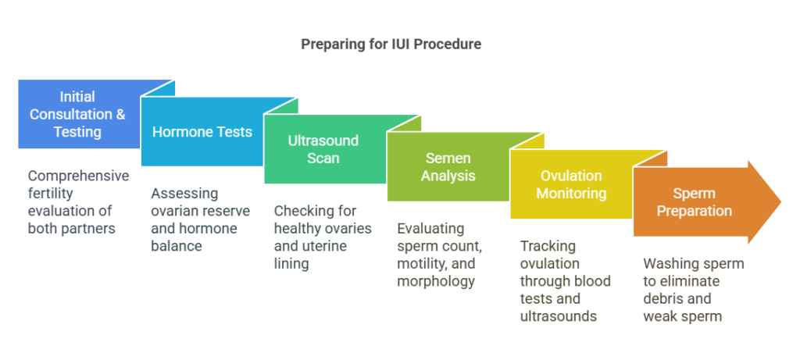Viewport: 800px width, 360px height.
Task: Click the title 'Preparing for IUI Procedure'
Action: click(x=391, y=45)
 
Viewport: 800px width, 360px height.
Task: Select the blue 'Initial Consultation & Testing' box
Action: click(x=77, y=114)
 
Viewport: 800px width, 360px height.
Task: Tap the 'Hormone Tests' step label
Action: click(x=202, y=132)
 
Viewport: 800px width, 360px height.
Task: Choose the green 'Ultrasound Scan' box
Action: click(x=323, y=149)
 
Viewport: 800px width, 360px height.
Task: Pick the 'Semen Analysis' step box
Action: click(x=448, y=167)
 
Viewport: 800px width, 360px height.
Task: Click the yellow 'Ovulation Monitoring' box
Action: click(x=570, y=184)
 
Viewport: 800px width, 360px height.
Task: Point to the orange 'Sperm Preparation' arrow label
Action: click(x=694, y=201)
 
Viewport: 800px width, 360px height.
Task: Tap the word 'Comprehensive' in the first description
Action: click(x=78, y=176)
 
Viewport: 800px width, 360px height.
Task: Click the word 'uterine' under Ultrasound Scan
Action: click(x=323, y=247)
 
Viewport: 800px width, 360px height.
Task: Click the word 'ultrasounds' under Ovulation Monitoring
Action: click(x=558, y=316)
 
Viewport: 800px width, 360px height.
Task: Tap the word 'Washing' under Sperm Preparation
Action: click(x=670, y=264)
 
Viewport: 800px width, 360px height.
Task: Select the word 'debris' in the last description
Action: click(x=665, y=299)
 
